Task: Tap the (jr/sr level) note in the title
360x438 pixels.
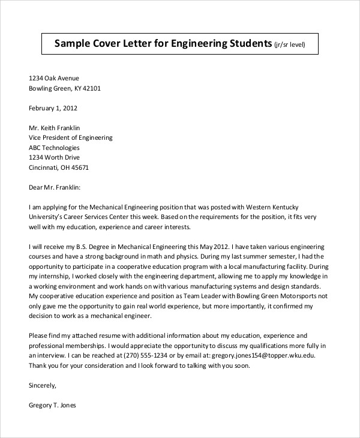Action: click(x=293, y=44)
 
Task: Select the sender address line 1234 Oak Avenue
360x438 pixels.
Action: click(x=54, y=78)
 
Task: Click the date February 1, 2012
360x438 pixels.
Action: click(x=53, y=109)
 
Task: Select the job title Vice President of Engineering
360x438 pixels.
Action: click(x=70, y=137)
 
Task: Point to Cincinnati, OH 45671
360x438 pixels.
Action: click(x=59, y=167)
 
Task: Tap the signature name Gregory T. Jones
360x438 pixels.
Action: click(x=53, y=404)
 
